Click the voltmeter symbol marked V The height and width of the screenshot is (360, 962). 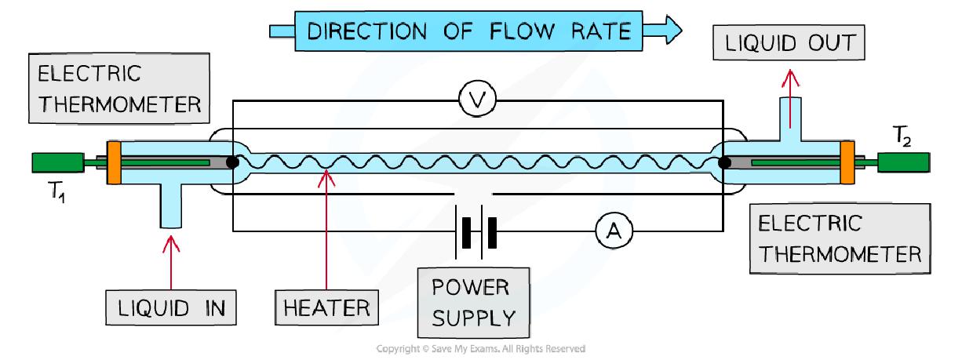coord(474,102)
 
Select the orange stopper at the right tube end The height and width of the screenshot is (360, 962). coord(847,163)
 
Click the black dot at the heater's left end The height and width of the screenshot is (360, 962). coord(232,163)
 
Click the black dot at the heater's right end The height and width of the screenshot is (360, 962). coord(725,163)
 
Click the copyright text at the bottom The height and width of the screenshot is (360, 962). coord(480,348)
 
